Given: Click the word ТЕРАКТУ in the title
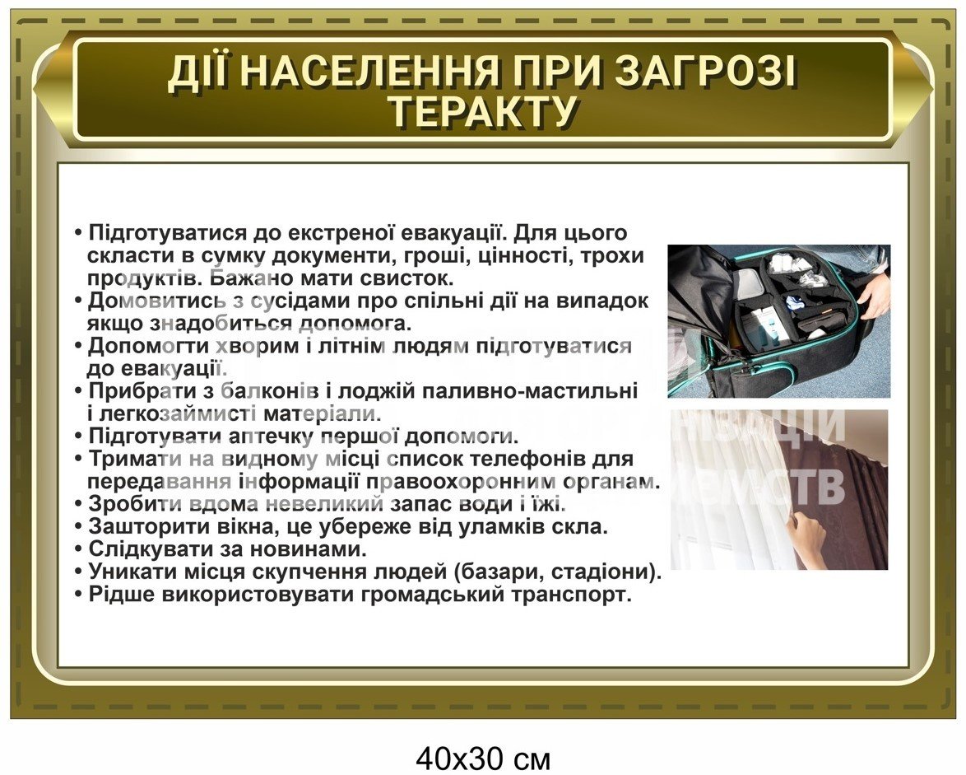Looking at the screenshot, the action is click(x=484, y=111).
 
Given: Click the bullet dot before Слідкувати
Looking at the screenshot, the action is click(x=78, y=549).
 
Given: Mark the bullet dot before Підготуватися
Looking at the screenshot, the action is click(x=78, y=234).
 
